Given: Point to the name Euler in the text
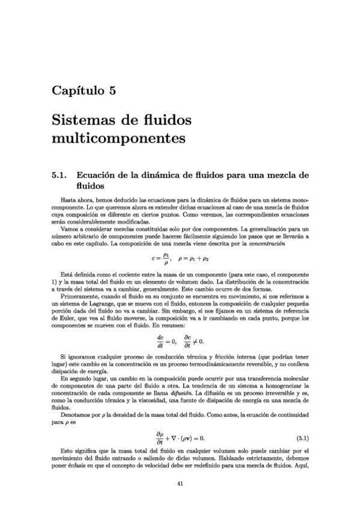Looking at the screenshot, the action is [65, 320].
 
